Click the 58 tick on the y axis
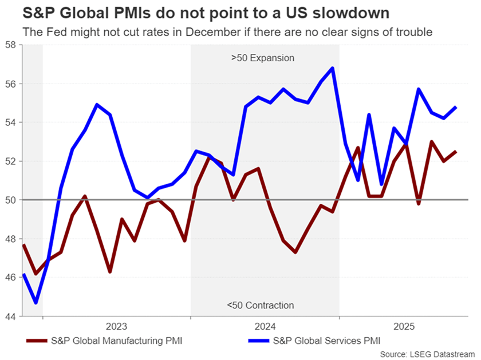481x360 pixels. (10, 45)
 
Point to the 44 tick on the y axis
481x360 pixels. (10, 316)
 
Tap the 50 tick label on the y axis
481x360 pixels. (10, 200)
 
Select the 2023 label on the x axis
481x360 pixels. (116, 327)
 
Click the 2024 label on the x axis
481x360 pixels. (265, 327)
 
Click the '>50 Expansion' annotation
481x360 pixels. (263, 58)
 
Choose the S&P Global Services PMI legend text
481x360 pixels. (326, 341)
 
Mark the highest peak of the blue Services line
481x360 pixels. (333, 68)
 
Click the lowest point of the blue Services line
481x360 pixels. (36, 302)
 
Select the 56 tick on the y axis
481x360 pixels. (10, 84)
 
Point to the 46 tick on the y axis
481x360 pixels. (10, 277)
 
